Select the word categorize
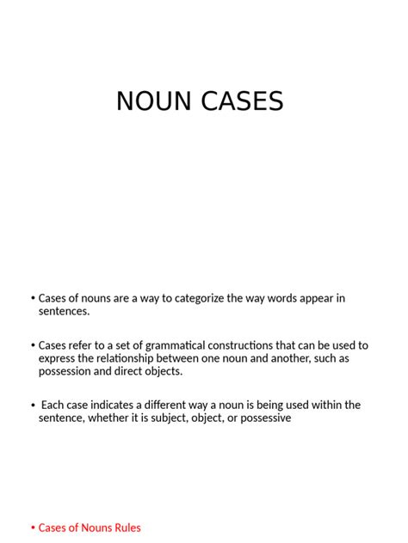click(x=201, y=298)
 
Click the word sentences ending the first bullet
click(x=64, y=311)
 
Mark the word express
click(x=58, y=358)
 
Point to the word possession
click(x=67, y=371)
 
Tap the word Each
click(x=53, y=405)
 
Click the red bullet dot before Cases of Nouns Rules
click(x=33, y=528)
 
